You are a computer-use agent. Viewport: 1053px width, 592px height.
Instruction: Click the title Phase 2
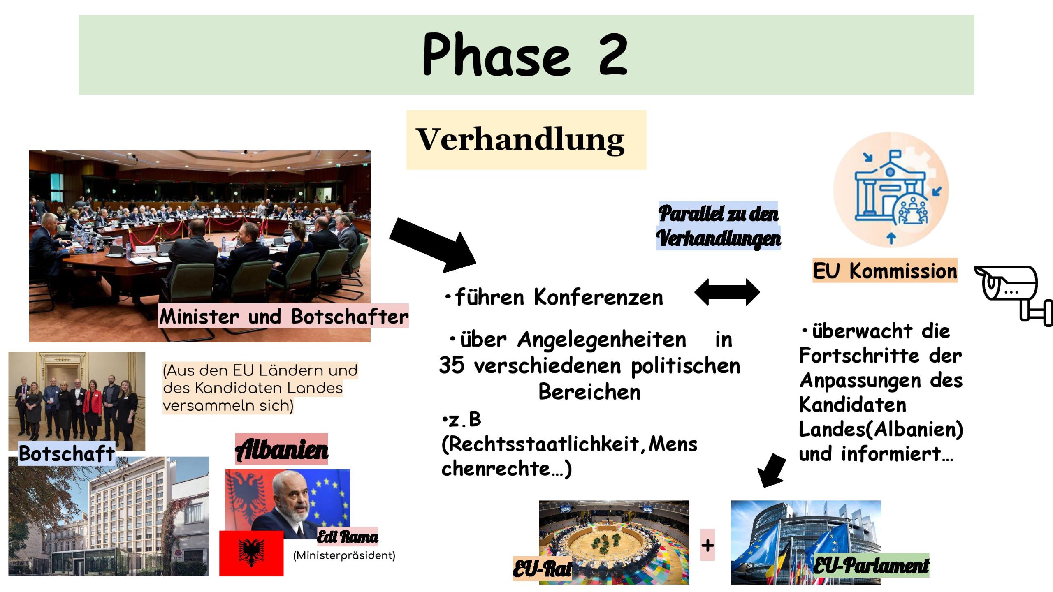point(525,55)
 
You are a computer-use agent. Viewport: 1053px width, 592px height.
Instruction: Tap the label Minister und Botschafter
point(284,316)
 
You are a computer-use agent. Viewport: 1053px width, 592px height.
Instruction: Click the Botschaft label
point(67,453)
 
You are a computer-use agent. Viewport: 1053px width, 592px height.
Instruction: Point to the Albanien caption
point(282,449)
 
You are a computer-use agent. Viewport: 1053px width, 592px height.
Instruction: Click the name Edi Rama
point(348,536)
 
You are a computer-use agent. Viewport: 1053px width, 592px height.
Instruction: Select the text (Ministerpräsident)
point(344,555)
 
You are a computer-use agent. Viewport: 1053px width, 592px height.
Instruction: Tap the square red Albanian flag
point(251,553)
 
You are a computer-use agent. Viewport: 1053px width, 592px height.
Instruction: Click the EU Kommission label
point(885,271)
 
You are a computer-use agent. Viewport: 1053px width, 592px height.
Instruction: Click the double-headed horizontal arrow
point(727,292)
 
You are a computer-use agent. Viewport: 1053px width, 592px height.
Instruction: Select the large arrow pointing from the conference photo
point(433,246)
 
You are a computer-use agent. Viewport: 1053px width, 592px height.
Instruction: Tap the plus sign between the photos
point(707,545)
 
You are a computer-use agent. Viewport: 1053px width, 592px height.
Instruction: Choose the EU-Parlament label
point(871,565)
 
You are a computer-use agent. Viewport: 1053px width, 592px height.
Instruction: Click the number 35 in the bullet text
point(452,365)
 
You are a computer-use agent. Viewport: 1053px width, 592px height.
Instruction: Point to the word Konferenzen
point(598,297)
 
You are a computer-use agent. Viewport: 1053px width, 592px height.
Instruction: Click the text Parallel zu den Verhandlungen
point(719,226)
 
